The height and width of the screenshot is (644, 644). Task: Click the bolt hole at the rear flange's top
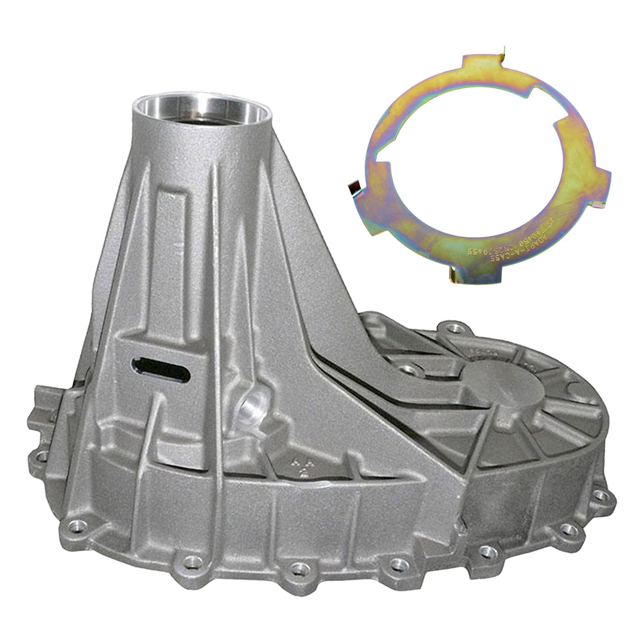point(454,328)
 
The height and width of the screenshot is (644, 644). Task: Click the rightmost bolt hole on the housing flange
point(601,496)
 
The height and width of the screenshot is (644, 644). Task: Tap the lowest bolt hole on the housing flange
point(299,569)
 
